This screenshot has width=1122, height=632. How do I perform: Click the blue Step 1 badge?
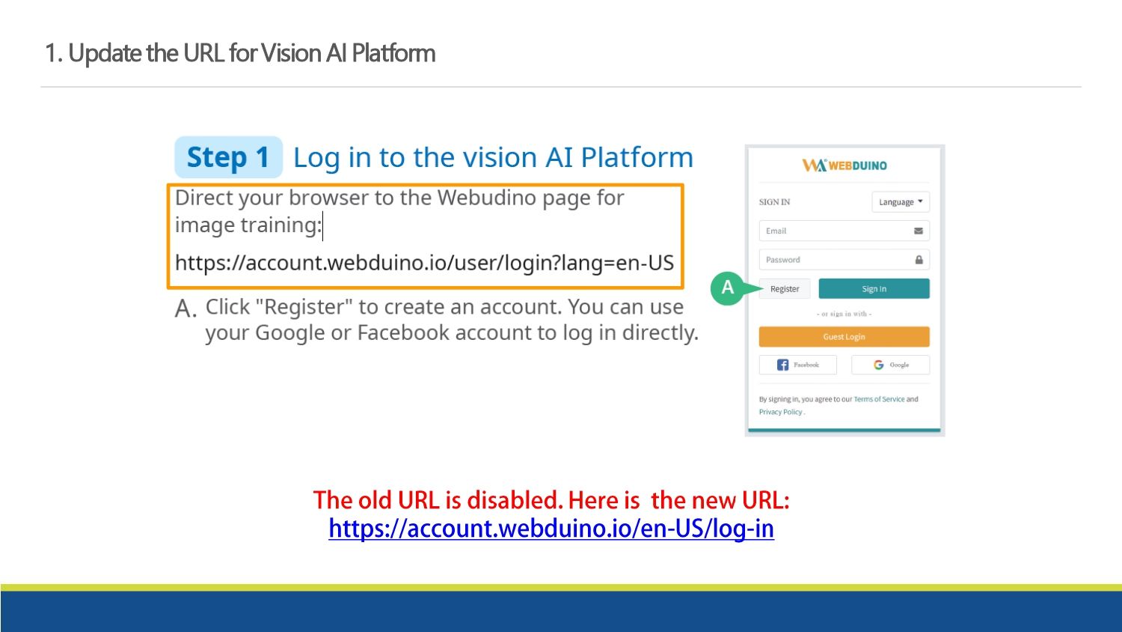228,157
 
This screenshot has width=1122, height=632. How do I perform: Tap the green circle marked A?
727,288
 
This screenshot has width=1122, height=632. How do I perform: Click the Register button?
785,289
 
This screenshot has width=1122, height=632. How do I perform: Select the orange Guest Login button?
844,336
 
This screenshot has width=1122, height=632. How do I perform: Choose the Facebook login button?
798,365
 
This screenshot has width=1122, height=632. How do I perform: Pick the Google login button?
891,365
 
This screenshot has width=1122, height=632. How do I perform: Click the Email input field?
844,231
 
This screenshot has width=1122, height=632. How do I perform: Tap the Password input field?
844,260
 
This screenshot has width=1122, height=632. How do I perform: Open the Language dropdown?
901,201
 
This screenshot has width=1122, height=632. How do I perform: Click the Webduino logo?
844,165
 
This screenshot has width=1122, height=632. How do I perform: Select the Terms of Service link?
879,399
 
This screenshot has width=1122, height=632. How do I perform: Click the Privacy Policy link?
780,412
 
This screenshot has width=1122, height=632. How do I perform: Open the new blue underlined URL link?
551,528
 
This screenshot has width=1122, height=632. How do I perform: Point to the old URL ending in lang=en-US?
424,262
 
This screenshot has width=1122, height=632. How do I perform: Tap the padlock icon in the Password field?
919,260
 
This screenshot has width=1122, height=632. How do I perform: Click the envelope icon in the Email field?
918,231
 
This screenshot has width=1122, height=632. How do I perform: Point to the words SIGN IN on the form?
774,202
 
